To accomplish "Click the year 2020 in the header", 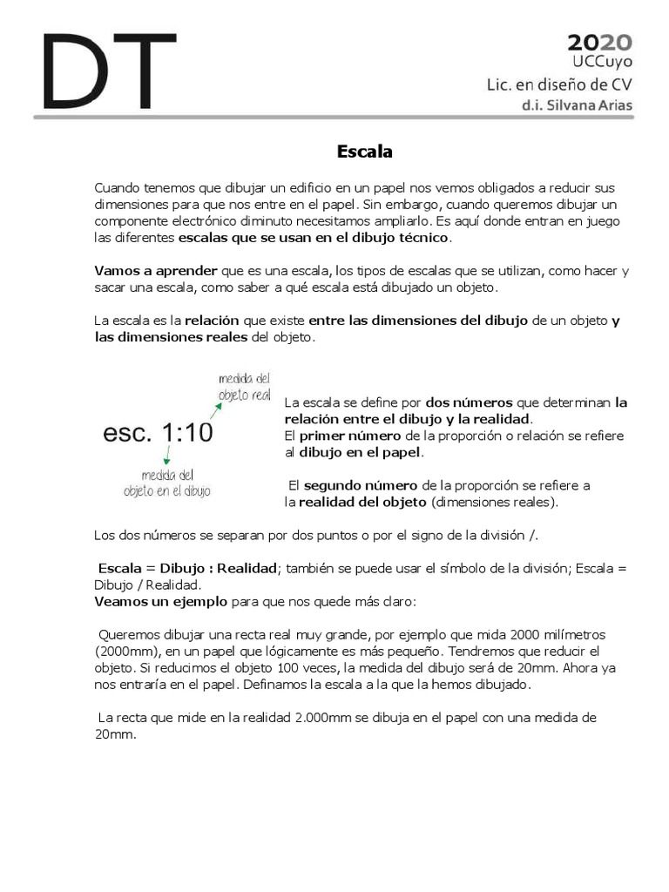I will pos(600,43).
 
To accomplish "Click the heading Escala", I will pos(365,152).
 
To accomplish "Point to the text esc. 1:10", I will pos(158,433).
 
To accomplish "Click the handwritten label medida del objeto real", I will pos(245,386).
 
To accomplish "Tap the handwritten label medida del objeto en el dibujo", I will pos(166,483).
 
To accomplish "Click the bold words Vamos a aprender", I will pos(156,271).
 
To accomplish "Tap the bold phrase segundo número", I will pos(361,485).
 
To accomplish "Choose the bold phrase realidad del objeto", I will pos(362,502).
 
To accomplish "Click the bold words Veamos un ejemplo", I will pos(161,602).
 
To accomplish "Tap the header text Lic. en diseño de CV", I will pos(558,84).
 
